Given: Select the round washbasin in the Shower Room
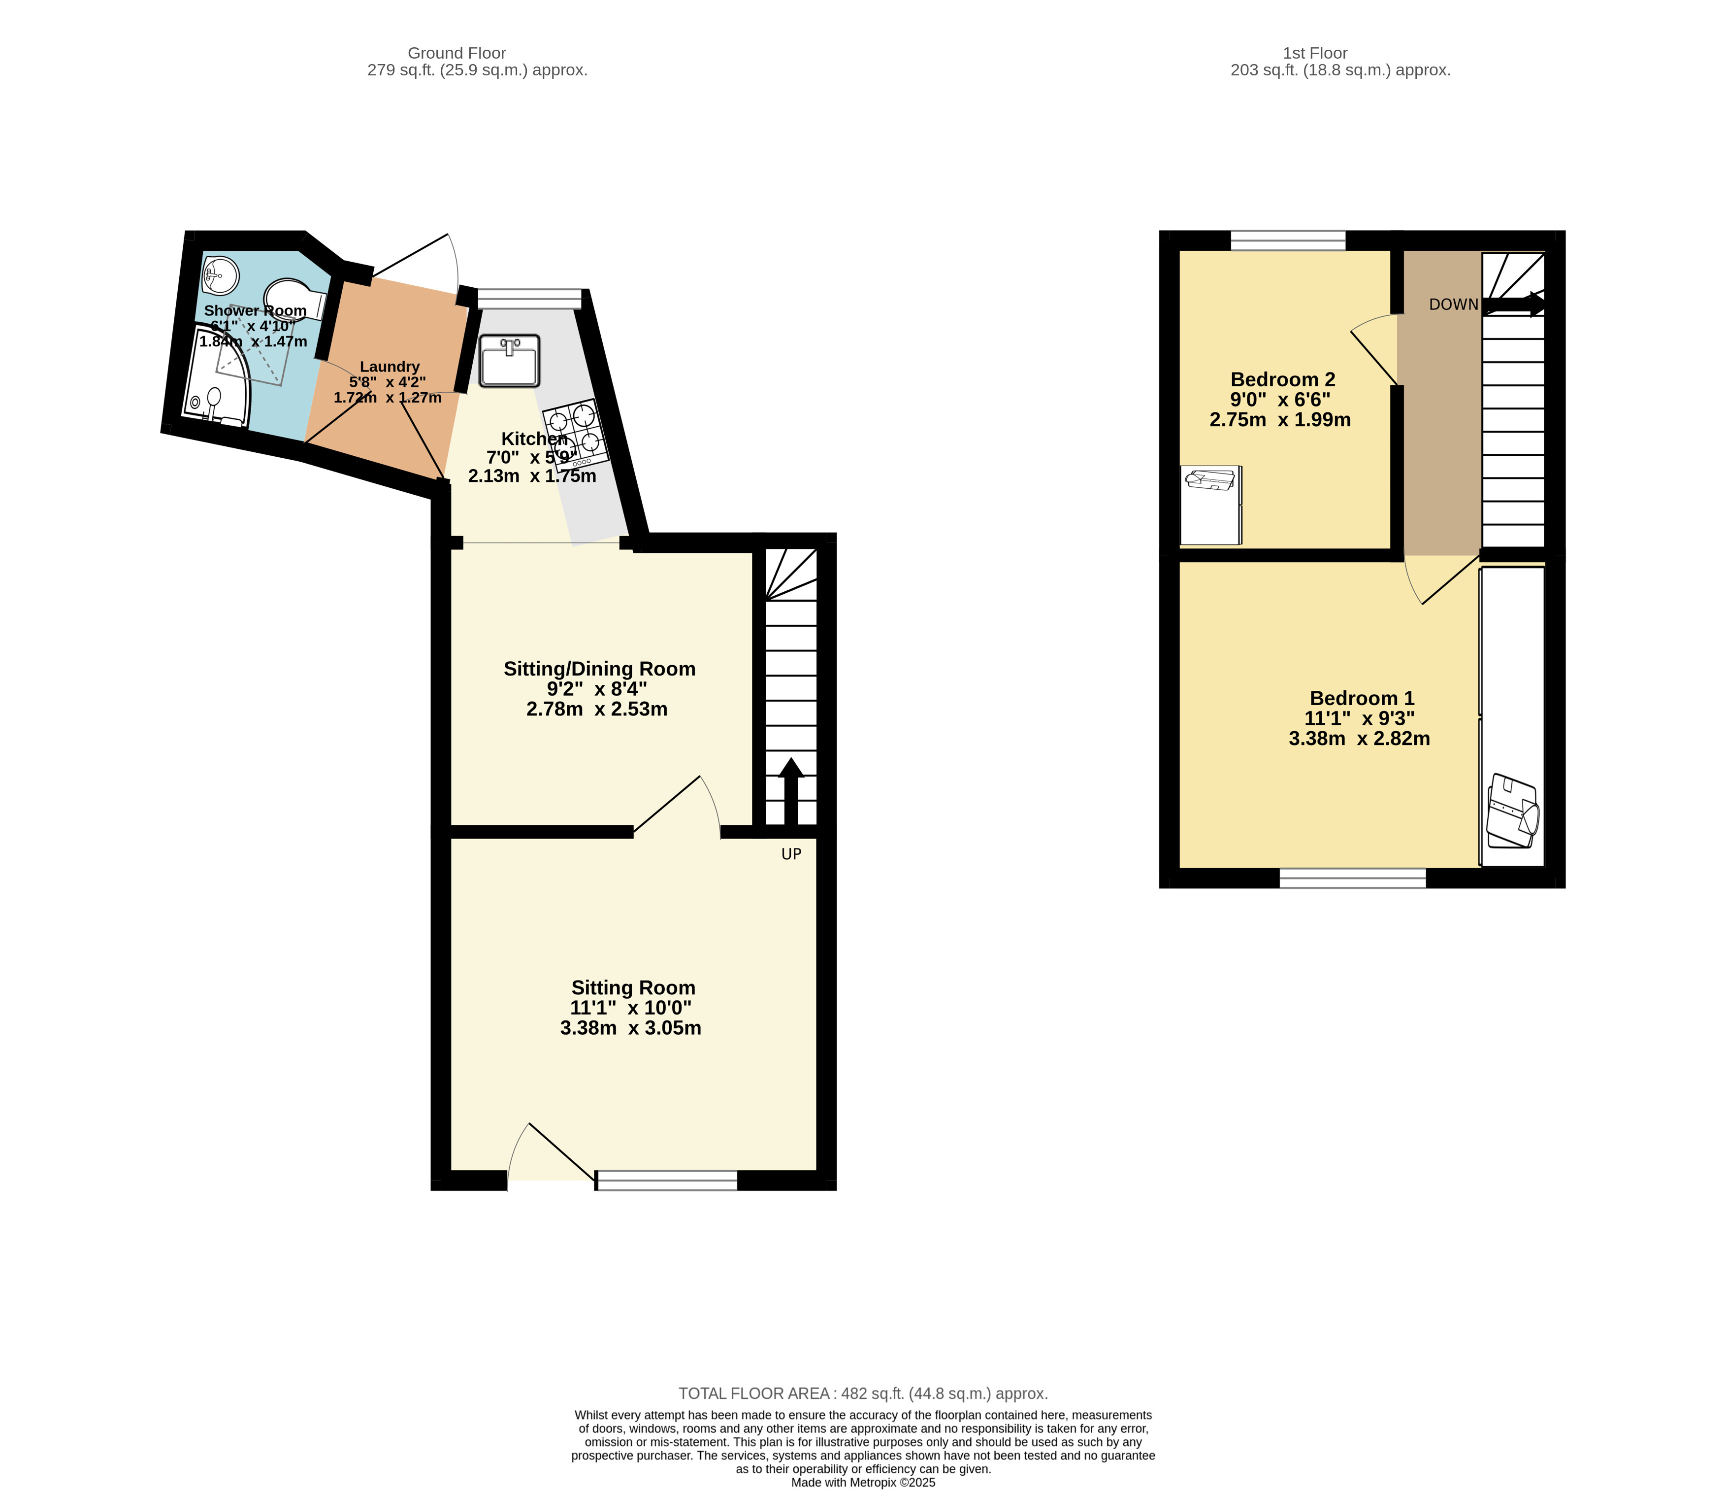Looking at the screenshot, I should pyautogui.click(x=220, y=274).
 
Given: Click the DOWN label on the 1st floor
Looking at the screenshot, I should pyautogui.click(x=1454, y=305).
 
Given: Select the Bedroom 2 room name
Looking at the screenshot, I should pyautogui.click(x=1283, y=379).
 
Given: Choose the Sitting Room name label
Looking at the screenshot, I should pyautogui.click(x=633, y=987).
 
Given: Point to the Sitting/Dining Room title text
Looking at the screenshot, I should pyautogui.click(x=599, y=669).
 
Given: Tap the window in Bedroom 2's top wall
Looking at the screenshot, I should pyautogui.click(x=1288, y=241).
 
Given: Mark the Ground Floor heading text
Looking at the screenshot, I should pyautogui.click(x=457, y=53).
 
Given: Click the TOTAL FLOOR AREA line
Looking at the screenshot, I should pyautogui.click(x=863, y=1393).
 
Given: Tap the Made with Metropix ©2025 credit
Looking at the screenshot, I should pyautogui.click(x=863, y=1483).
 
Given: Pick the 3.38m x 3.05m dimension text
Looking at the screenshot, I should pyautogui.click(x=630, y=1028).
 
